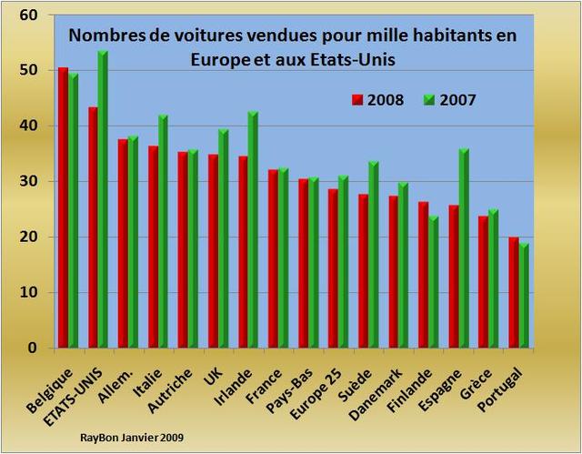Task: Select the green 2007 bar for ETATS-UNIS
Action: [x=103, y=199]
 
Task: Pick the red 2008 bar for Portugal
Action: [x=514, y=292]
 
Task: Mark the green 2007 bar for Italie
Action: [x=163, y=231]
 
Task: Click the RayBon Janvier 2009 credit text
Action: [x=131, y=438]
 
